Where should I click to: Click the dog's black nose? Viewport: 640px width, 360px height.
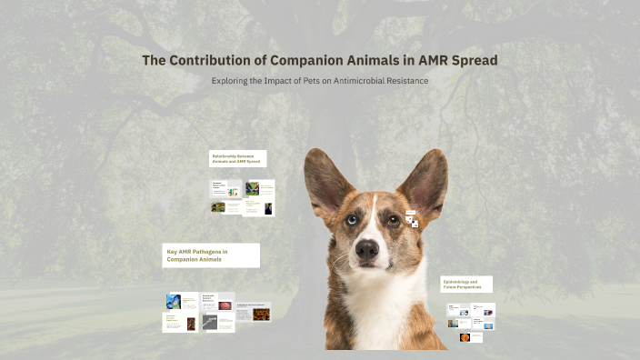click(x=367, y=249)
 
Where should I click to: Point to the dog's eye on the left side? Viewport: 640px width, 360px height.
click(x=351, y=219)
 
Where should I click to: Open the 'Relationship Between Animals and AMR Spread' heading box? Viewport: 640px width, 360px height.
click(x=237, y=159)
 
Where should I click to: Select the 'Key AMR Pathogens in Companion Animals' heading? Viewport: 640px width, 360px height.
click(x=211, y=255)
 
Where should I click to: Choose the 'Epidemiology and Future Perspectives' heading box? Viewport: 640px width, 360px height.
click(x=466, y=285)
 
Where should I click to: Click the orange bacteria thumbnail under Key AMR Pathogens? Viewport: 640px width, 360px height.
click(x=261, y=314)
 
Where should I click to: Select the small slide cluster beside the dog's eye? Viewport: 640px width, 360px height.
click(x=412, y=219)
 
